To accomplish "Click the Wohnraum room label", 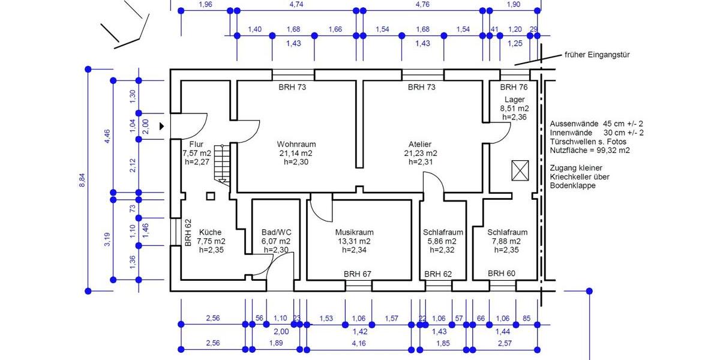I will (296, 145).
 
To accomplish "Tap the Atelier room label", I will (421, 145).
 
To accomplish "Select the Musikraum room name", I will (355, 232).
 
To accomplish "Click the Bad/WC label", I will (277, 232).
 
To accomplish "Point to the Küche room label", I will (210, 232).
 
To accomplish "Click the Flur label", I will (196, 145).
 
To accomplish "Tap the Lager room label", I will (515, 100).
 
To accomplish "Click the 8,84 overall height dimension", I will (82, 180).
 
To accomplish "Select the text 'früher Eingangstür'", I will (596, 55).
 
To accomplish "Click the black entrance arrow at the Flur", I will (161, 126).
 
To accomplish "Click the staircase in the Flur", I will (223, 164).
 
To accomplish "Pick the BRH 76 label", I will (514, 87).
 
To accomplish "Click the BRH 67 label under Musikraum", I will (358, 274).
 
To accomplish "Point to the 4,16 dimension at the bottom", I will (359, 343).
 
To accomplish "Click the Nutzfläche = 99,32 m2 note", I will (590, 151).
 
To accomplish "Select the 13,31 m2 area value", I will (355, 241).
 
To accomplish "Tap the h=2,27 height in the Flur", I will (196, 162).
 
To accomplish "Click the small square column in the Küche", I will (210, 196).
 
